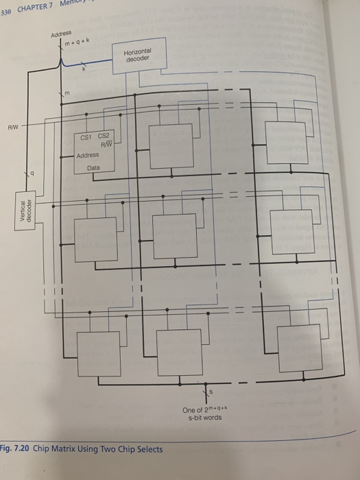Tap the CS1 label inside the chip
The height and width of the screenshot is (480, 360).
pyautogui.click(x=86, y=137)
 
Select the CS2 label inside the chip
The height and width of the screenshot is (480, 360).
pyautogui.click(x=104, y=137)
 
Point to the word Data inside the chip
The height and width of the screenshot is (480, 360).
pyautogui.click(x=93, y=166)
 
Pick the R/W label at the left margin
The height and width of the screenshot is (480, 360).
pyautogui.click(x=14, y=126)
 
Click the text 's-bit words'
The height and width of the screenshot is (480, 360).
pyautogui.click(x=202, y=417)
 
